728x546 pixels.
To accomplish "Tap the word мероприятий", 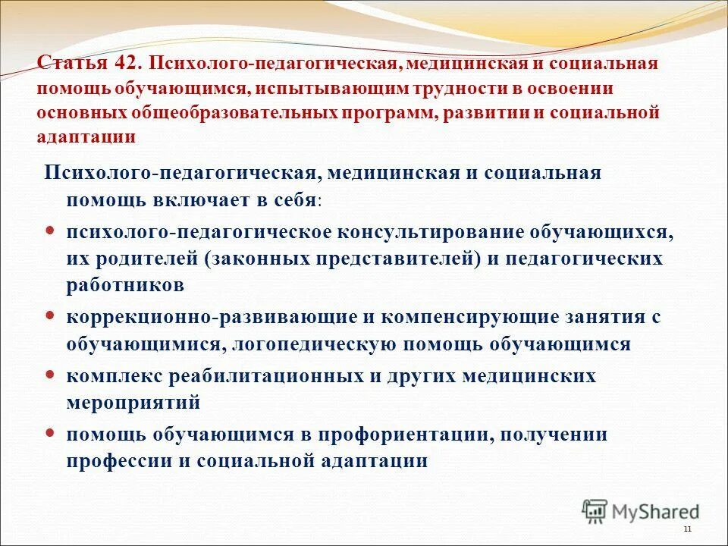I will click(133, 403).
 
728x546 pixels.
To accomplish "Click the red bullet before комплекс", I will click(51, 375).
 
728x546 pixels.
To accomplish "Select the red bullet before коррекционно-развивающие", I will click(51, 316).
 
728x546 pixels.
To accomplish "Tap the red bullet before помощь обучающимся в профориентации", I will click(51, 434).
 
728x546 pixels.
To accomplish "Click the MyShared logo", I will click(641, 510).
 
